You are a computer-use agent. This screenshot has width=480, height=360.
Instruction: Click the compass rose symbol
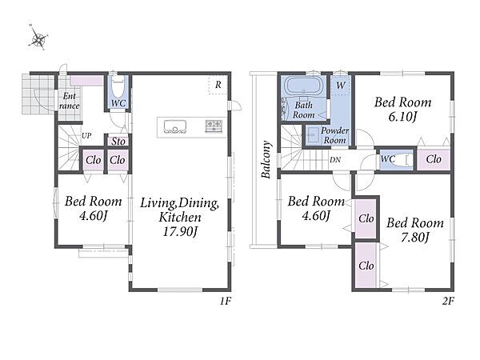click(x=38, y=38)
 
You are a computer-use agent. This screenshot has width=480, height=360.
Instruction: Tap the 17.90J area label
click(x=180, y=231)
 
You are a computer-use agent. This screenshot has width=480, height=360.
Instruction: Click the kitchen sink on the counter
click(x=174, y=126)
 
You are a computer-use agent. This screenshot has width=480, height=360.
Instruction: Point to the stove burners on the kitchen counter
click(x=214, y=126)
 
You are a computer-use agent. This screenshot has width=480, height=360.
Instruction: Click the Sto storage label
click(x=118, y=142)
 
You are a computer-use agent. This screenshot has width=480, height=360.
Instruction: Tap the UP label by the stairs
click(x=86, y=135)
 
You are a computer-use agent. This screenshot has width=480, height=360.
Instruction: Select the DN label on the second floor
click(x=335, y=160)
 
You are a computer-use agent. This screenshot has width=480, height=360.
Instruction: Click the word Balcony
click(x=266, y=159)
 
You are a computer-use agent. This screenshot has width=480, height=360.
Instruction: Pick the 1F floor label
click(x=225, y=302)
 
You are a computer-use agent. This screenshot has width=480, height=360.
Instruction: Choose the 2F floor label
click(x=447, y=302)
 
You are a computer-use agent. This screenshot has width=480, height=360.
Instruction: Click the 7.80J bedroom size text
click(x=414, y=238)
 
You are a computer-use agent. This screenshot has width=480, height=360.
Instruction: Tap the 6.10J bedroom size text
click(x=402, y=117)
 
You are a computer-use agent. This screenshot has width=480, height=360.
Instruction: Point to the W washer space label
click(x=341, y=86)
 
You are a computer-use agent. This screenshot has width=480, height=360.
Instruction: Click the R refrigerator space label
click(x=218, y=85)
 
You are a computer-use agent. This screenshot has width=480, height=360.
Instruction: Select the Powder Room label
click(x=334, y=135)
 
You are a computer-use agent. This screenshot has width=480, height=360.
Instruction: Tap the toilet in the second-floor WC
click(x=402, y=160)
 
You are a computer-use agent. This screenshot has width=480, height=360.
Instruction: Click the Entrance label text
click(x=69, y=101)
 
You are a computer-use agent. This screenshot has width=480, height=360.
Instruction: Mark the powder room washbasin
click(x=312, y=134)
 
